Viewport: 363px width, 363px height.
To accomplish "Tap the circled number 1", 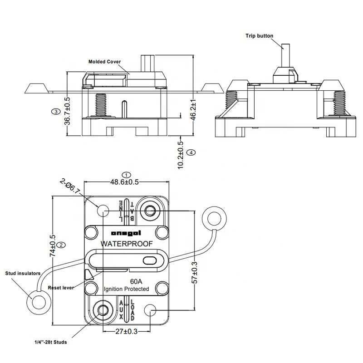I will coord(128,175).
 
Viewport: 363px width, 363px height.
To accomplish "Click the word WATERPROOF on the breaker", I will coord(127,244).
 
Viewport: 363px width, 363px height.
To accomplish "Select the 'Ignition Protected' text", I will coord(127,289).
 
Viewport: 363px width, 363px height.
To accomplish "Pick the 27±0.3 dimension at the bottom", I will coord(126,331).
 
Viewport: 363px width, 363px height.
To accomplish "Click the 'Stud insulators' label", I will coord(23,273).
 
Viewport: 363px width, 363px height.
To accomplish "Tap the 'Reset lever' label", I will coord(61,288).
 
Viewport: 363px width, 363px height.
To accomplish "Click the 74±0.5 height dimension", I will coord(53,245).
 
